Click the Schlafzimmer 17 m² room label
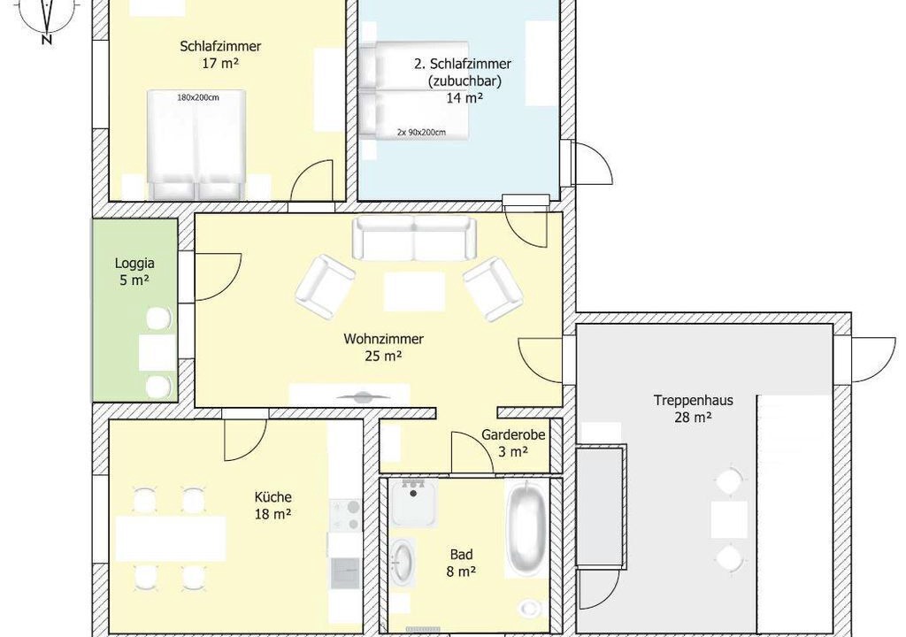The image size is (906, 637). coord(220,54)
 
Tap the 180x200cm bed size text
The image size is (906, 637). coord(197,97)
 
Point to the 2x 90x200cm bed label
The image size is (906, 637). coord(421,133)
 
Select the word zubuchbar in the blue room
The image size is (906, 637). coord(464,81)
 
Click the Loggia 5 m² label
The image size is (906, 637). coord(134,272)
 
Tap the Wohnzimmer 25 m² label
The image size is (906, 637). coord(384,348)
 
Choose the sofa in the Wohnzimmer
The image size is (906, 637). coord(414,237)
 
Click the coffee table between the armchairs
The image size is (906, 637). coord(414,292)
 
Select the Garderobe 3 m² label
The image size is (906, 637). coord(514,442)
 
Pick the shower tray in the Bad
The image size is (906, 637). coord(412,503)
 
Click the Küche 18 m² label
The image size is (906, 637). coord(273,505)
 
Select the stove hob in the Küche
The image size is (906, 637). coord(346,516)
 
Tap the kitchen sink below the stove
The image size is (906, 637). coord(346,572)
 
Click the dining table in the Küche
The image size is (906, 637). coord(171,539)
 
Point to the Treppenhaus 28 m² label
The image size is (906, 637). coord(694,408)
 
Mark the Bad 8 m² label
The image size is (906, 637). coord(461,563)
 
